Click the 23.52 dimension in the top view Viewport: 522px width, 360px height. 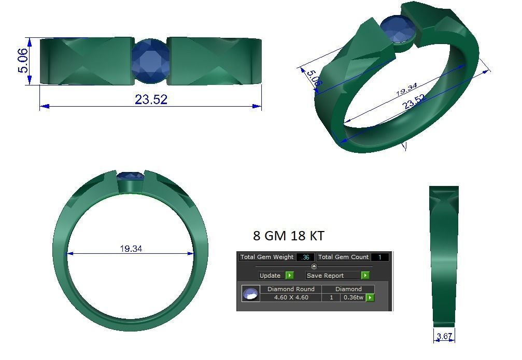coord(151,99)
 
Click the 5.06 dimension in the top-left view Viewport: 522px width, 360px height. coord(24,61)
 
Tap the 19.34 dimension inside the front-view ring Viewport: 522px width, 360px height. coord(131,249)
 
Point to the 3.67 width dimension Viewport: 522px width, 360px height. coord(444,336)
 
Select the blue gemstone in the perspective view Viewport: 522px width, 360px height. coord(398,30)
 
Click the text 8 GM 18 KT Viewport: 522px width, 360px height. coord(289,236)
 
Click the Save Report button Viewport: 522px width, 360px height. coord(332,276)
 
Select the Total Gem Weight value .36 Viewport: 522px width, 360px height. coord(305,257)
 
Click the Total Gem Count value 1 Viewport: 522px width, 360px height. coord(379,257)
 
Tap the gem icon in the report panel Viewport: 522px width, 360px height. coord(251,294)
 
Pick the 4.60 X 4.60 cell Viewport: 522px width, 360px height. coord(291,297)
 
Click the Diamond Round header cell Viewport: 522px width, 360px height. coord(291,289)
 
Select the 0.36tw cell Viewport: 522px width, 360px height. coord(353,297)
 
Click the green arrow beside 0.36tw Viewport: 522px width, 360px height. coord(370,298)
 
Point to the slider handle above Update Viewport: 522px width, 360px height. coord(314,266)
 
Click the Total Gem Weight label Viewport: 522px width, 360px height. coord(267,257)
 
